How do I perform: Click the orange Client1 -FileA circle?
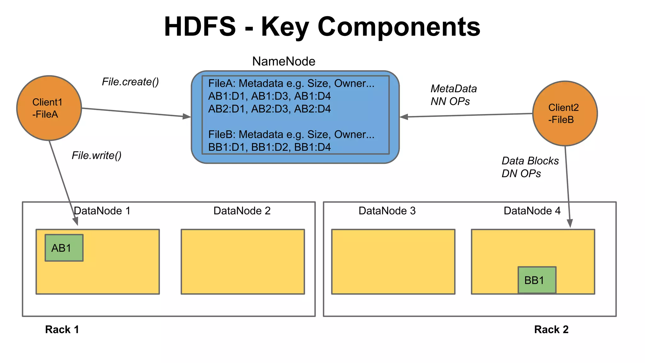(x=49, y=108)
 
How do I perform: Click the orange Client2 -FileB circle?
(x=565, y=113)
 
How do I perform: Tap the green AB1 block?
(x=64, y=248)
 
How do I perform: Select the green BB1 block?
(x=537, y=280)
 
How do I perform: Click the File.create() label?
(x=130, y=82)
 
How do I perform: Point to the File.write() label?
(x=96, y=155)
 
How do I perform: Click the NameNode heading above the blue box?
(x=283, y=61)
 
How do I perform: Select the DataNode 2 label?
(x=242, y=211)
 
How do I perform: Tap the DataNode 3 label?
(x=387, y=211)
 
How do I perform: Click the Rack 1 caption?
(x=62, y=330)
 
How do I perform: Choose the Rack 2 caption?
(x=551, y=330)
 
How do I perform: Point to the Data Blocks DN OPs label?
(x=530, y=167)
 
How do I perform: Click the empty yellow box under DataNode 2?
(x=243, y=262)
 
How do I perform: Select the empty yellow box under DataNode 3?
(x=393, y=262)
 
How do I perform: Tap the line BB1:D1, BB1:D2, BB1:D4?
(x=269, y=147)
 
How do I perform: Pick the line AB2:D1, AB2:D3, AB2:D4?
(x=269, y=109)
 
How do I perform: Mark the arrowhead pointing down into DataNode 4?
(x=570, y=224)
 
